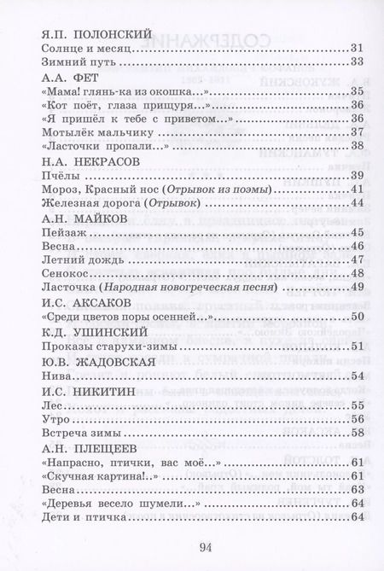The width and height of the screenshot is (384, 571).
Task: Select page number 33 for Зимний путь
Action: point(358,64)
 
